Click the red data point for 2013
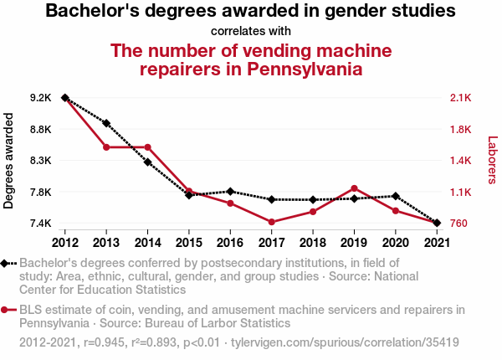point(106,147)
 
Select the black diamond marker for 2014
point(147,162)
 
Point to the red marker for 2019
point(354,188)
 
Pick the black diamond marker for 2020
point(395,196)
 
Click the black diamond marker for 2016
point(230,192)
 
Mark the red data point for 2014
point(147,147)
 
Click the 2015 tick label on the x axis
point(189,243)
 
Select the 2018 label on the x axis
point(313,243)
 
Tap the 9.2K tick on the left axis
point(40,98)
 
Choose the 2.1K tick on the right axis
point(461,98)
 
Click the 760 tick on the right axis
point(460,223)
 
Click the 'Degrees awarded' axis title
point(9,161)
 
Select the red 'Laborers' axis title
point(492,160)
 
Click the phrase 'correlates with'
point(250,32)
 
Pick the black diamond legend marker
point(6,263)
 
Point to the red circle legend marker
point(6,310)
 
